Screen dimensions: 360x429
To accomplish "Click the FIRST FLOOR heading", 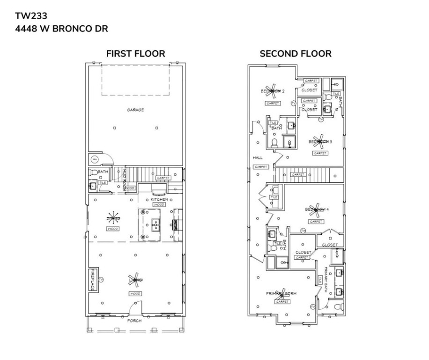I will coord(135,53).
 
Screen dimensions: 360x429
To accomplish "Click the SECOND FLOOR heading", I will coord(296,53).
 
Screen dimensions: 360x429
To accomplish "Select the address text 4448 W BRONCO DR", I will coord(61,29).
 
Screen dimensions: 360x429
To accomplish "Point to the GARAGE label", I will coord(135,110).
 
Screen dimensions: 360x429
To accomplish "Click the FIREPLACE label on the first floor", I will coord(93,280).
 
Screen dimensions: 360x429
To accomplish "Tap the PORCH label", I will coord(135,321).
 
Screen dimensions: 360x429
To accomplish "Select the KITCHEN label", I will coord(159,200).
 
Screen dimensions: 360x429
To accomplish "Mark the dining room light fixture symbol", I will coord(113,218).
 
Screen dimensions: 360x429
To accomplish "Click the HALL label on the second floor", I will coord(258,157).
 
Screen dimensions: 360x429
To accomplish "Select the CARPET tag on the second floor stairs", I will coord(298,175).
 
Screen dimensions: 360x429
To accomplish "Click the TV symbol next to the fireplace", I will coord(100,279).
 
